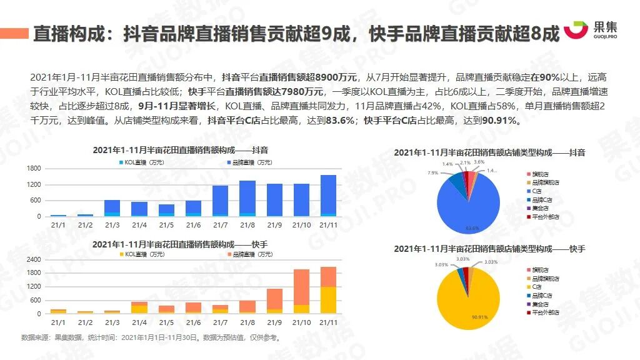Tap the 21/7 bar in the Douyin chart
click(220, 201)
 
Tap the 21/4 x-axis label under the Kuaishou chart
click(139, 322)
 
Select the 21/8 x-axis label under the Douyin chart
click(247, 225)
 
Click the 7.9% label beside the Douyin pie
click(432, 172)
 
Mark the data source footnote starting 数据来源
click(150, 338)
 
